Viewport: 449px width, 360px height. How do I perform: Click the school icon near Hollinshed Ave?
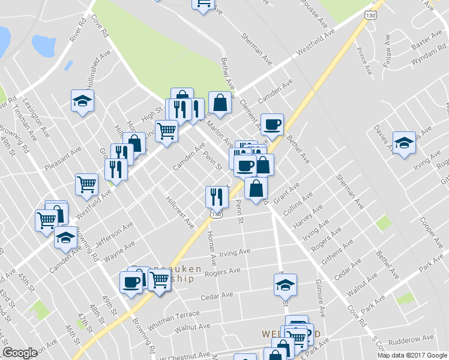click(x=82, y=100)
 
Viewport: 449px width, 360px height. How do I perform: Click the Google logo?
click(x=20, y=353)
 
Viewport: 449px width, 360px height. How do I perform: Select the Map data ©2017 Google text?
click(x=412, y=355)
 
